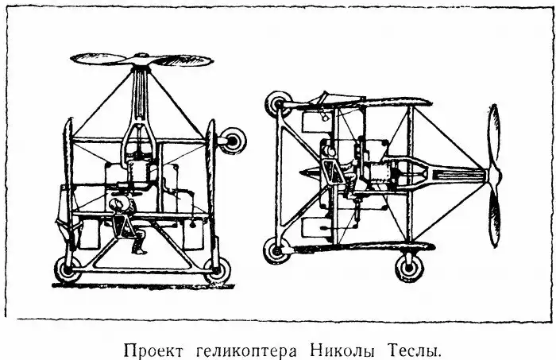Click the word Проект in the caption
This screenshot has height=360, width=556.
click(x=154, y=350)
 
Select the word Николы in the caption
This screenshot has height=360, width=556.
click(x=342, y=350)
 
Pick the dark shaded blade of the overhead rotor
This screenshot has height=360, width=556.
click(x=183, y=60)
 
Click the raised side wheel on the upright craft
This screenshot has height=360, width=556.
click(x=232, y=141)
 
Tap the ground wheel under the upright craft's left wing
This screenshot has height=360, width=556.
click(x=67, y=269)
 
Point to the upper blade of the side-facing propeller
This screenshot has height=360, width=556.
click(x=494, y=137)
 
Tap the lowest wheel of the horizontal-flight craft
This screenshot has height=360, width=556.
click(x=409, y=268)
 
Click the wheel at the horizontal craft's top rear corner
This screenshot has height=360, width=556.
click(x=279, y=104)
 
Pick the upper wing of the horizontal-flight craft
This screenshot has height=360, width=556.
click(x=358, y=103)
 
